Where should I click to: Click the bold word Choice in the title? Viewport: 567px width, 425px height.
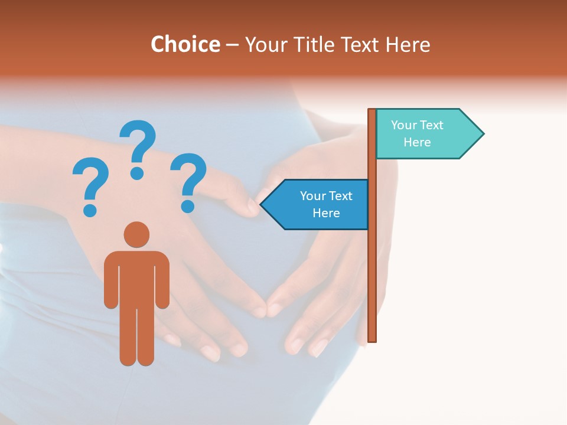coord(185,45)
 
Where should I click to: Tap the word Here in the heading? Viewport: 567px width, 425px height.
coord(408,45)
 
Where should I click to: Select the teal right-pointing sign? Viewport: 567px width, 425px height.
coord(425,134)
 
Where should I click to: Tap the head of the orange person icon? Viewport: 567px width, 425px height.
coord(136,234)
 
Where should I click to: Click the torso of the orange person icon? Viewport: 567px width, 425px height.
coord(136,277)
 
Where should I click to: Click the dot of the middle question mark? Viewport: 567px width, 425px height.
coord(137,173)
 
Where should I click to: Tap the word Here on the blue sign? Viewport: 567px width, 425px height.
coord(326,213)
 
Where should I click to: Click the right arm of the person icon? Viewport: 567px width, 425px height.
coord(162,283)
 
